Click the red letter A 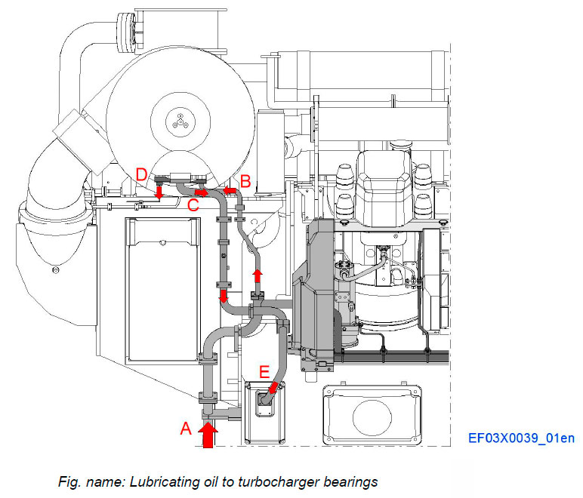click(185, 429)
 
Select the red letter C click(193, 204)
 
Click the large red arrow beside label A click(209, 435)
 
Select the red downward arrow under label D click(159, 194)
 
